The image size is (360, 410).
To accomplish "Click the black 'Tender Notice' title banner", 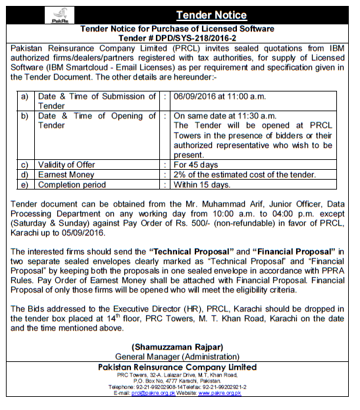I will click(211, 14).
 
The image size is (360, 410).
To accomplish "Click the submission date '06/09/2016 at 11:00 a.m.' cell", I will click(219, 96).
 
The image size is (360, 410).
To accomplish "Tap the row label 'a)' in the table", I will click(24, 96).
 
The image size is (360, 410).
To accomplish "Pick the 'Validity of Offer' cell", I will click(66, 165).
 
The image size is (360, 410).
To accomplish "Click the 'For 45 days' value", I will click(195, 165).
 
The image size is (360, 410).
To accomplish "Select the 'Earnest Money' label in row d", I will click(65, 174).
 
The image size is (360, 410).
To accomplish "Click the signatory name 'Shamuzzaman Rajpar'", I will click(180, 347).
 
